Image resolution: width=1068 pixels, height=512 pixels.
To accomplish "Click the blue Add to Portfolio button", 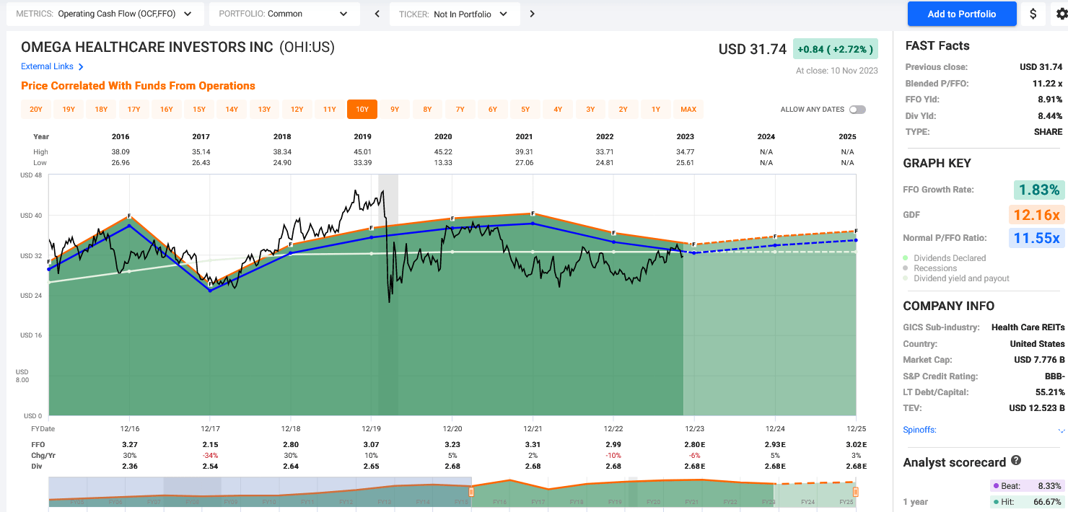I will click(x=961, y=14).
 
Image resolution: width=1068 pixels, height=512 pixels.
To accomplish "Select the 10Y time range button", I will click(x=362, y=110).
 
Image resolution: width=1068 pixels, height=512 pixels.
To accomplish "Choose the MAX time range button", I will click(x=688, y=110).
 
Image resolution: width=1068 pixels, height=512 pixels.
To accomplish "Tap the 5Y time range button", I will click(x=525, y=110).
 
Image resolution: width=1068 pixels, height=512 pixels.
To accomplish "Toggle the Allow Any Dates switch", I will click(x=857, y=110).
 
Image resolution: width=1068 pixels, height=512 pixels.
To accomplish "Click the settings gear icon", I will click(x=1062, y=14).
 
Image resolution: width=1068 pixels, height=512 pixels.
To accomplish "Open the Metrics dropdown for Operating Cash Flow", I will click(x=105, y=14).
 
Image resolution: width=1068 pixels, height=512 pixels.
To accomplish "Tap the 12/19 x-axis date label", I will click(x=371, y=428).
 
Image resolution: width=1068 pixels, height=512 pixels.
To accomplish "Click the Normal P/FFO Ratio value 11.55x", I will click(x=1037, y=237).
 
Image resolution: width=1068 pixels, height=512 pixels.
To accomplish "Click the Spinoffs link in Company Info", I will click(x=919, y=430).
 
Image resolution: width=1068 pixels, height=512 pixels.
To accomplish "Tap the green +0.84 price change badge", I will click(x=835, y=49).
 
